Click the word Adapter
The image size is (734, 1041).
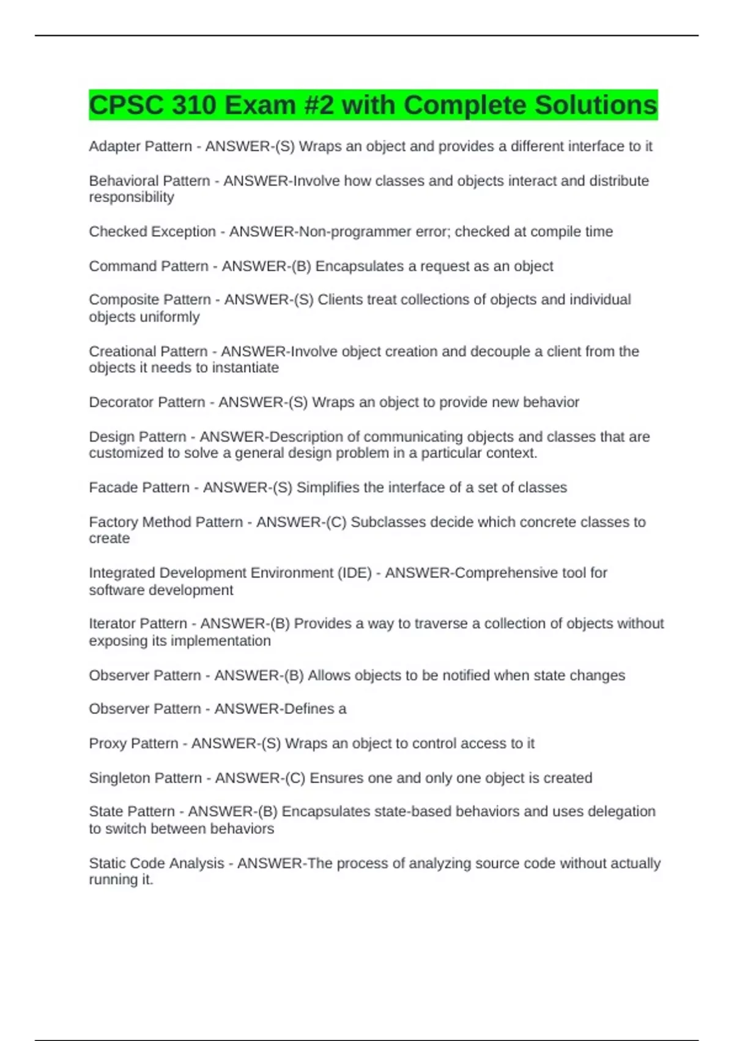click(x=111, y=146)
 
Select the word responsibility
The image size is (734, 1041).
click(x=132, y=197)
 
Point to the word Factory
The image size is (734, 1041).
click(x=113, y=522)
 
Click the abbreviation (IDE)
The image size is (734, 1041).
click(x=354, y=573)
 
